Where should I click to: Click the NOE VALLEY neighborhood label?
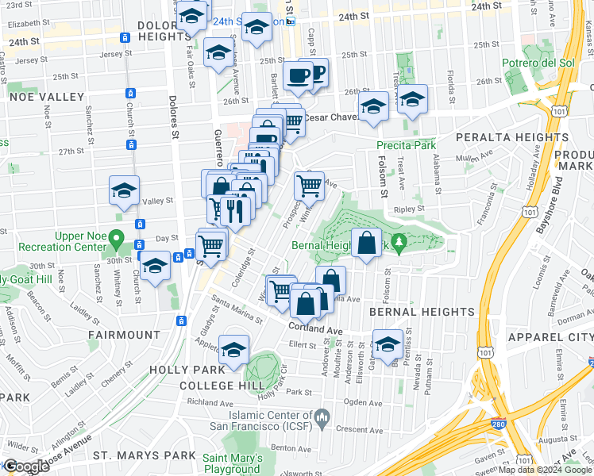point(46,97)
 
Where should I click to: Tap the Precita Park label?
point(406,145)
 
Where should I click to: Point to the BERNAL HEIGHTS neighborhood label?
point(415,313)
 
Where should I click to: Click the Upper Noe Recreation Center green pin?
point(117,237)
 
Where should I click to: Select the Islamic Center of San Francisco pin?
point(322,416)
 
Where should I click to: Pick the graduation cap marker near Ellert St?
point(388,346)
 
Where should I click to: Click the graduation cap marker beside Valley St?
point(124,190)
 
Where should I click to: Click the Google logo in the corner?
point(25,466)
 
